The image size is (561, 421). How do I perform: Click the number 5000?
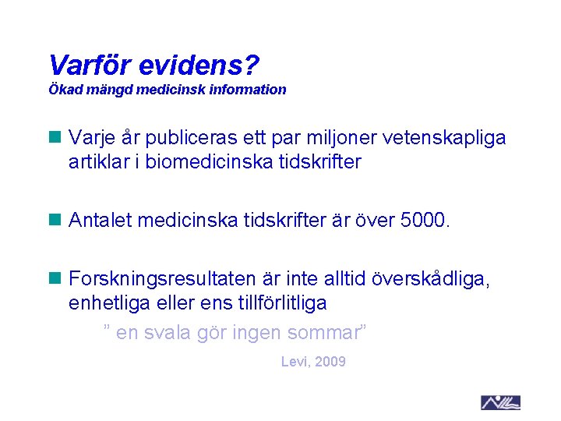click(424, 221)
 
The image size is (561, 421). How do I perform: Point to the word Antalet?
click(98, 221)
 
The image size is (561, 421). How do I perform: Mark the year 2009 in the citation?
click(330, 362)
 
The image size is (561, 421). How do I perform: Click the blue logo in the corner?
click(500, 402)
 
